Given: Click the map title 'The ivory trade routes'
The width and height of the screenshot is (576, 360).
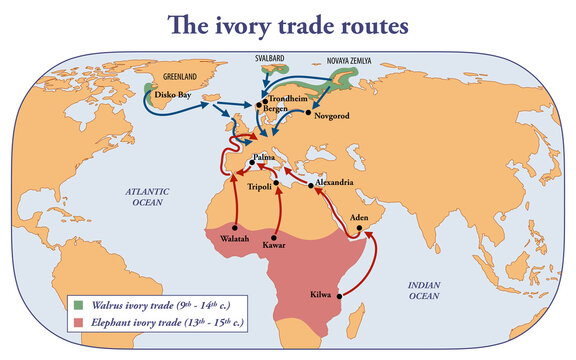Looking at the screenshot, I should click(x=287, y=24).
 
